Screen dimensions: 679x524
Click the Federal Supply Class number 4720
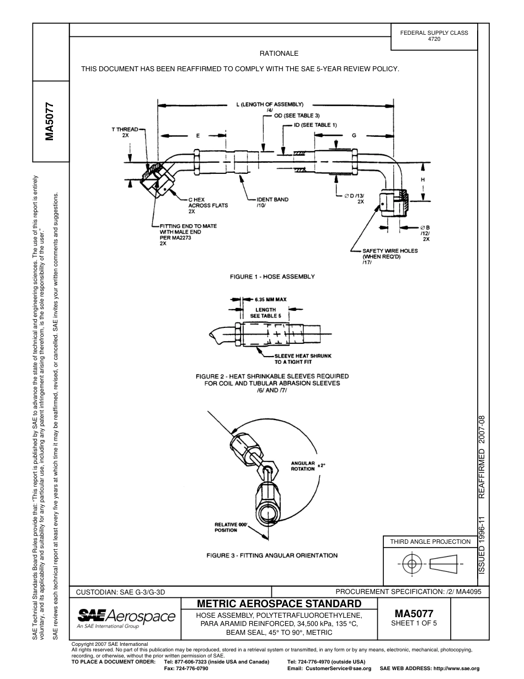[x=434, y=40]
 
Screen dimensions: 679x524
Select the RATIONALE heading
[x=279, y=54]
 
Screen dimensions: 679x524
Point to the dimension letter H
[x=423, y=180]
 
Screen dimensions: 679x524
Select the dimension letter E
[x=197, y=135]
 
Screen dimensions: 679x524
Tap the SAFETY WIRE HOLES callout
[x=389, y=254]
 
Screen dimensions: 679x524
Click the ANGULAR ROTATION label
[x=303, y=466]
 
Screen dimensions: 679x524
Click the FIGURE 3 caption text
[x=271, y=555]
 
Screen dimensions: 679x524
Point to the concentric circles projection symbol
[x=410, y=564]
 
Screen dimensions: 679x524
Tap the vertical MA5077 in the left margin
[x=50, y=122]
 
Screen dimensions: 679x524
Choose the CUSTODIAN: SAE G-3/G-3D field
[x=120, y=592]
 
